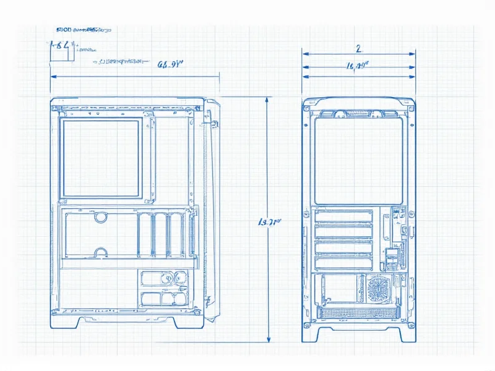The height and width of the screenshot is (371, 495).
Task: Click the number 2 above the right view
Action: (358, 48)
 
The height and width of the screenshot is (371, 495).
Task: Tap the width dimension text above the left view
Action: (168, 63)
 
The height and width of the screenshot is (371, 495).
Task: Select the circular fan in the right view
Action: (378, 288)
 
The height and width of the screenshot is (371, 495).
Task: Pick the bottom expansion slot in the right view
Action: (344, 263)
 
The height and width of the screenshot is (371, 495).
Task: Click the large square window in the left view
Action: (101, 158)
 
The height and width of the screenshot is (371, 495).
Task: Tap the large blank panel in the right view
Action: (359, 160)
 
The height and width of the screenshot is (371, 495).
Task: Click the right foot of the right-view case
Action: (407, 334)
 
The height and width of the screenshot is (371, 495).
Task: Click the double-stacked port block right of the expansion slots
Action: (393, 258)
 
